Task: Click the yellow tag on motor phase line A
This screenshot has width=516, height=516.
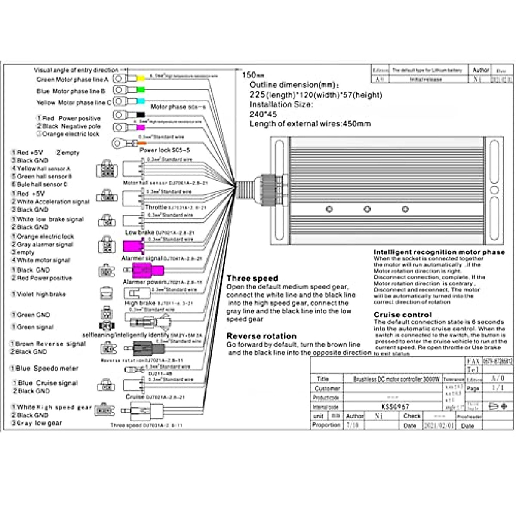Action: [x=140, y=79]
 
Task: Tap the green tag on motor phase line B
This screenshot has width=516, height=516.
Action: [x=140, y=90]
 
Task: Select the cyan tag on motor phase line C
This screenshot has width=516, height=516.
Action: [x=140, y=101]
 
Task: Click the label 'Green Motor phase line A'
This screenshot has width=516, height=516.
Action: [x=72, y=80]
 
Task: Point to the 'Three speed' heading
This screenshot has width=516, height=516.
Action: [x=252, y=278]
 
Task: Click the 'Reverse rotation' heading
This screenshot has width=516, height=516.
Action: [x=261, y=336]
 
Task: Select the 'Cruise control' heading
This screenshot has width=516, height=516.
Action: [x=402, y=314]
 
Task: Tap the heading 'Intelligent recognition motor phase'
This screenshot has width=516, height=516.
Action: [x=439, y=252]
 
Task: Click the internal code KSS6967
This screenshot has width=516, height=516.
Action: [x=395, y=406]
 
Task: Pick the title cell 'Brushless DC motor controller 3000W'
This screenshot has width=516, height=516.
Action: [x=396, y=379]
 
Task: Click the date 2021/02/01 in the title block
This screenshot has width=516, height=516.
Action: [x=439, y=425]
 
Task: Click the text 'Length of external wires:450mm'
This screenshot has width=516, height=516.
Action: [x=310, y=124]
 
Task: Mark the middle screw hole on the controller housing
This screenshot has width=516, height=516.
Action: [x=367, y=209]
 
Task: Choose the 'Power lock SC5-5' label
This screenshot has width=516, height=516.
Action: [x=165, y=150]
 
